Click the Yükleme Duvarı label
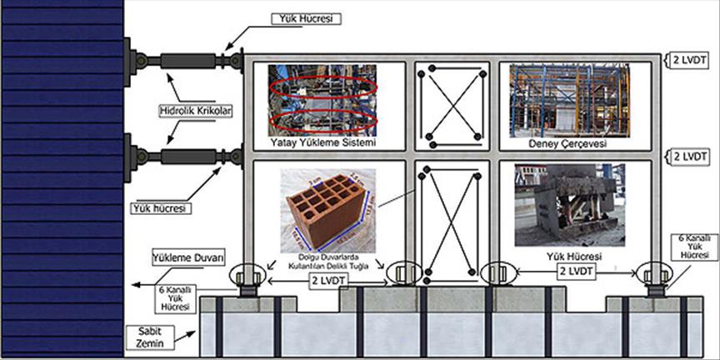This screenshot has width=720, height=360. click(189, 258)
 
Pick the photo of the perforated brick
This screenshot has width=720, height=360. click(324, 206)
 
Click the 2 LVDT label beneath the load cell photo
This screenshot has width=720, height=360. click(574, 272)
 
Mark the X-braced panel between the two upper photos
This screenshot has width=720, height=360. click(452, 105)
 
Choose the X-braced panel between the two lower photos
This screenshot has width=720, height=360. click(452, 222)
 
